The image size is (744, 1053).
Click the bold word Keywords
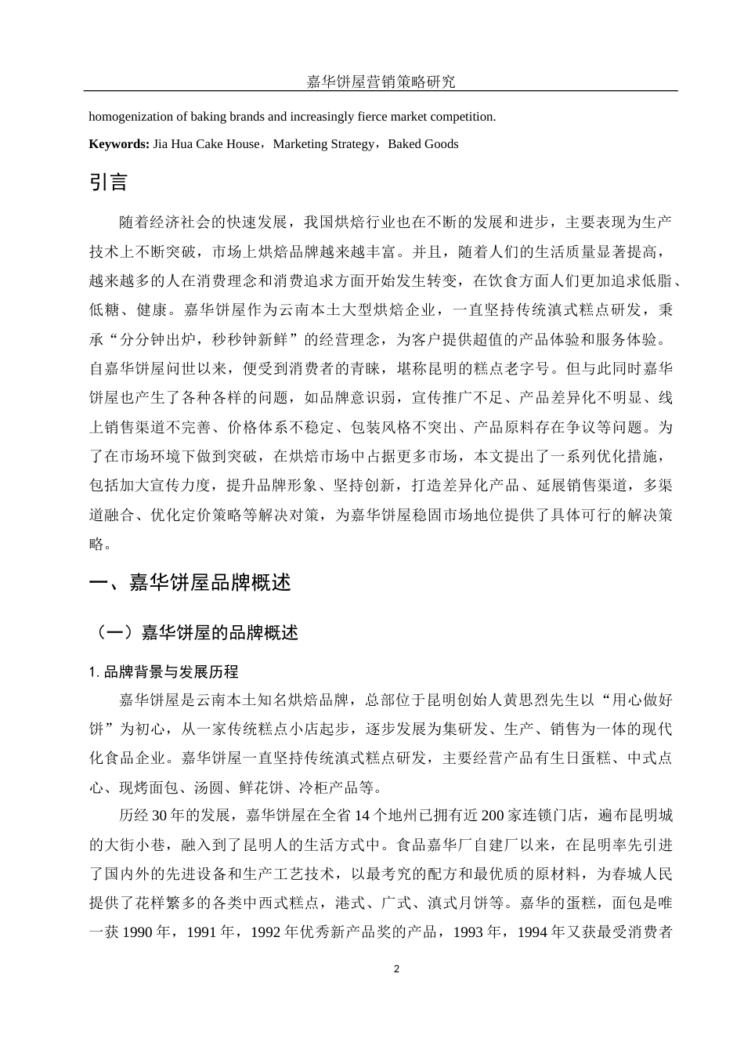pos(118,144)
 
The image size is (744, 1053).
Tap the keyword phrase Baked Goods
pos(423,144)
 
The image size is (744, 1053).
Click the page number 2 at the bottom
pos(396,969)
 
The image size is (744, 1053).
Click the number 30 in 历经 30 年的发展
pos(160,815)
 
